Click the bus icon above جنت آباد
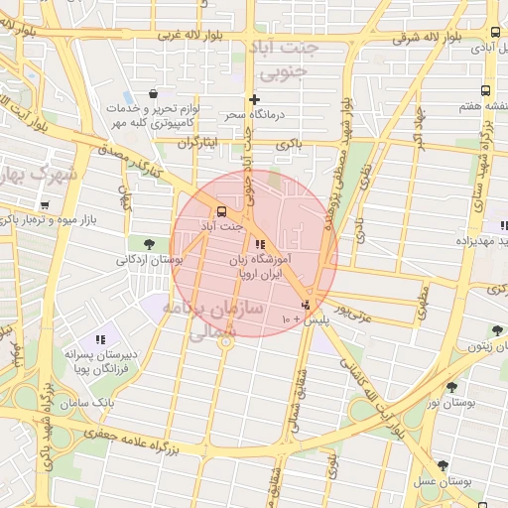point(220,210)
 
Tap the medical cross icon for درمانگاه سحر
point(254,99)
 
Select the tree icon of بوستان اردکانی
point(149,243)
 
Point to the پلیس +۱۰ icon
point(307,305)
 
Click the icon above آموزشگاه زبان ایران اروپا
point(260,244)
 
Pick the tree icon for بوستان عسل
point(442,465)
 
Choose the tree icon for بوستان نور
point(452,387)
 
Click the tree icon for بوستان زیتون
point(496,330)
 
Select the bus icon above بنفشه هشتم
point(494,89)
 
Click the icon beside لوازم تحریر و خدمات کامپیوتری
point(154,93)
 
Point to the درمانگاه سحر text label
point(253,116)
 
